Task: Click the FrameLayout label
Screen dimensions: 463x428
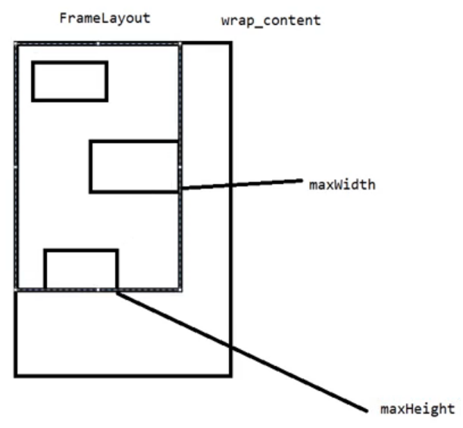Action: (x=105, y=17)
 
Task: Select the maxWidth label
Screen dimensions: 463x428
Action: (x=341, y=184)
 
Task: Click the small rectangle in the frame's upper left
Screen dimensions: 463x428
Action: (x=70, y=81)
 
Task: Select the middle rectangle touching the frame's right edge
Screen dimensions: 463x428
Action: (x=134, y=166)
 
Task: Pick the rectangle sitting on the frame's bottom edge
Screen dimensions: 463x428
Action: (x=81, y=269)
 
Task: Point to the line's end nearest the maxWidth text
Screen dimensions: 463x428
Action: (x=302, y=180)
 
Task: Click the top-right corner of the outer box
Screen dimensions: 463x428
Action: (x=230, y=44)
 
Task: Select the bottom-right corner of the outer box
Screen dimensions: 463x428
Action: (x=230, y=374)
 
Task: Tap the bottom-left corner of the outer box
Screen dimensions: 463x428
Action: (x=16, y=374)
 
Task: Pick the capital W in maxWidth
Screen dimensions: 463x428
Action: (x=334, y=184)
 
